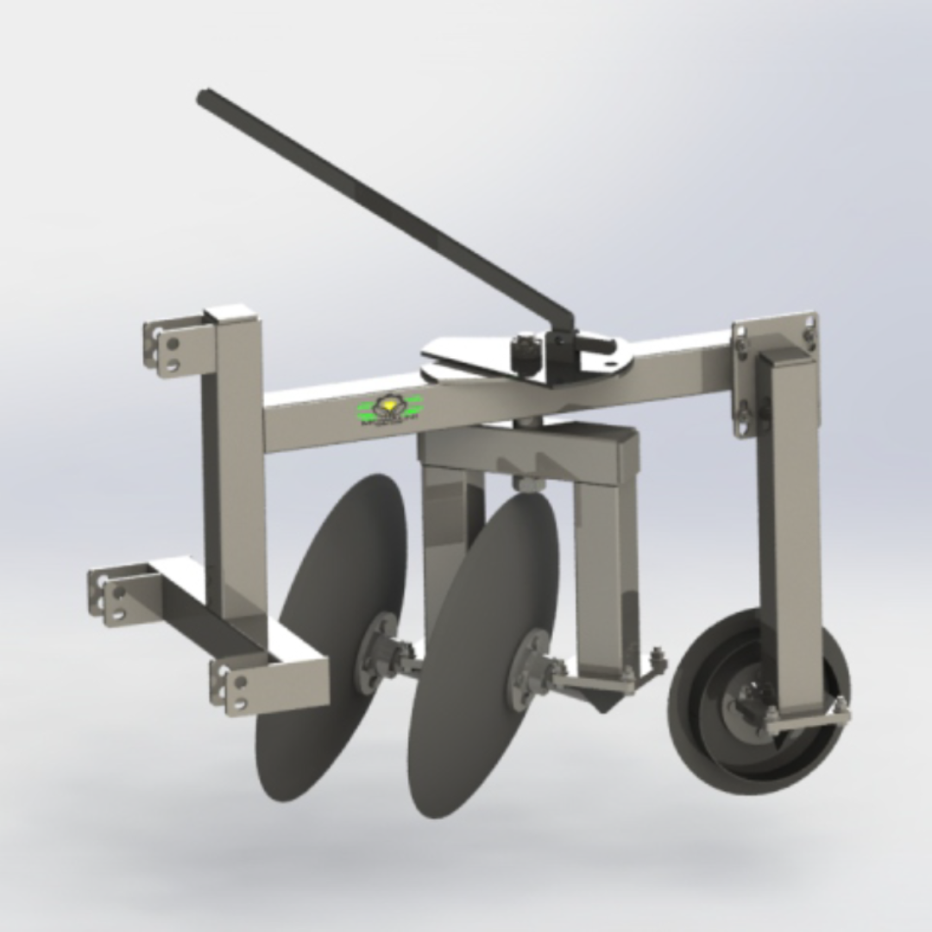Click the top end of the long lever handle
click(205, 98)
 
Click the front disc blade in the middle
click(483, 621)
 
